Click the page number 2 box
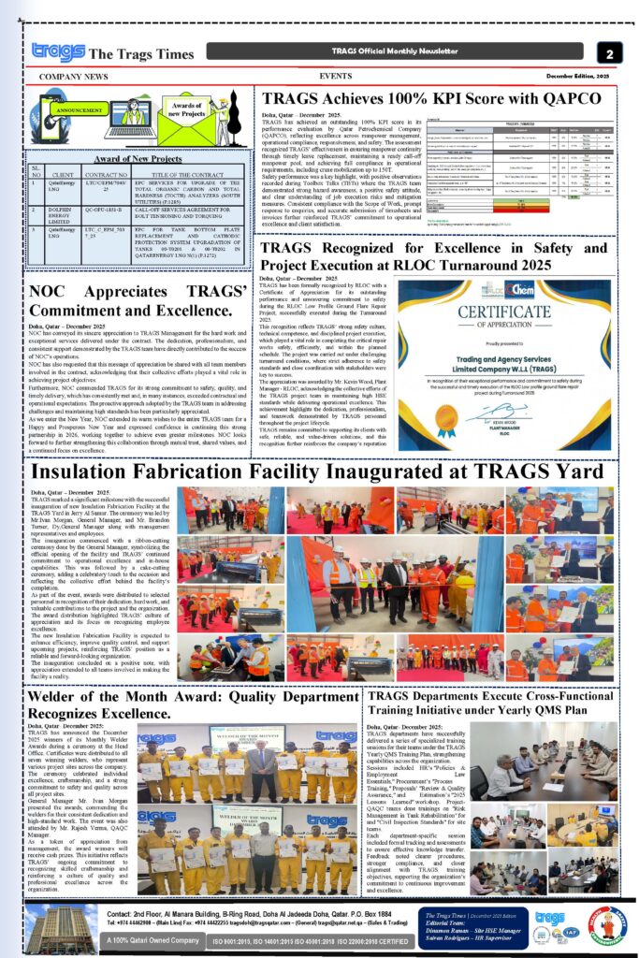[x=609, y=53]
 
